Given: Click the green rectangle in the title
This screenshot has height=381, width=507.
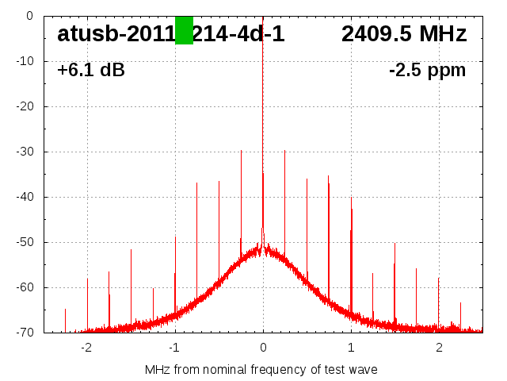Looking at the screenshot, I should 184,30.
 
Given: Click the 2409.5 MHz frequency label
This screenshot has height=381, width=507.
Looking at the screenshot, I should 404,34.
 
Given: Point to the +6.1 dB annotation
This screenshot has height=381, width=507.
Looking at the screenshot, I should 91,71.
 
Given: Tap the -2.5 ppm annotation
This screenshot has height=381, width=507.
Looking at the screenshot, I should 427,71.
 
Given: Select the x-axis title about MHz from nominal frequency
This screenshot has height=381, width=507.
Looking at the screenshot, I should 261,369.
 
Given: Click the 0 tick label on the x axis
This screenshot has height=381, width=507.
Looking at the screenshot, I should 263,348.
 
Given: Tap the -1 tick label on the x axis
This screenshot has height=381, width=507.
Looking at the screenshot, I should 174,348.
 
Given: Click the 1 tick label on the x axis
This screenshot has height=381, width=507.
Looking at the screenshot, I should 351,348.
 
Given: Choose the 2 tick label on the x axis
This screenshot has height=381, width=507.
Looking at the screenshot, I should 439,348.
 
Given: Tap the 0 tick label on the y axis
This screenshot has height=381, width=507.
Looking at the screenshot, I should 29,16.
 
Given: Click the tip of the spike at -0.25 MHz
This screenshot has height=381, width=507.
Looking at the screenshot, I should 241,151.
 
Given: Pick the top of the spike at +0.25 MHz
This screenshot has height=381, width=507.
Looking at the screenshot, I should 285,151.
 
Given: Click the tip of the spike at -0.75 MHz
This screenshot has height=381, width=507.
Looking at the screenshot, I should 197,183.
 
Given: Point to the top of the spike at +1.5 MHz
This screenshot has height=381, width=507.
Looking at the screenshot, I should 395,244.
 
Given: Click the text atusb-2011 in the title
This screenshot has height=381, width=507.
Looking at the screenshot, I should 116,34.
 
